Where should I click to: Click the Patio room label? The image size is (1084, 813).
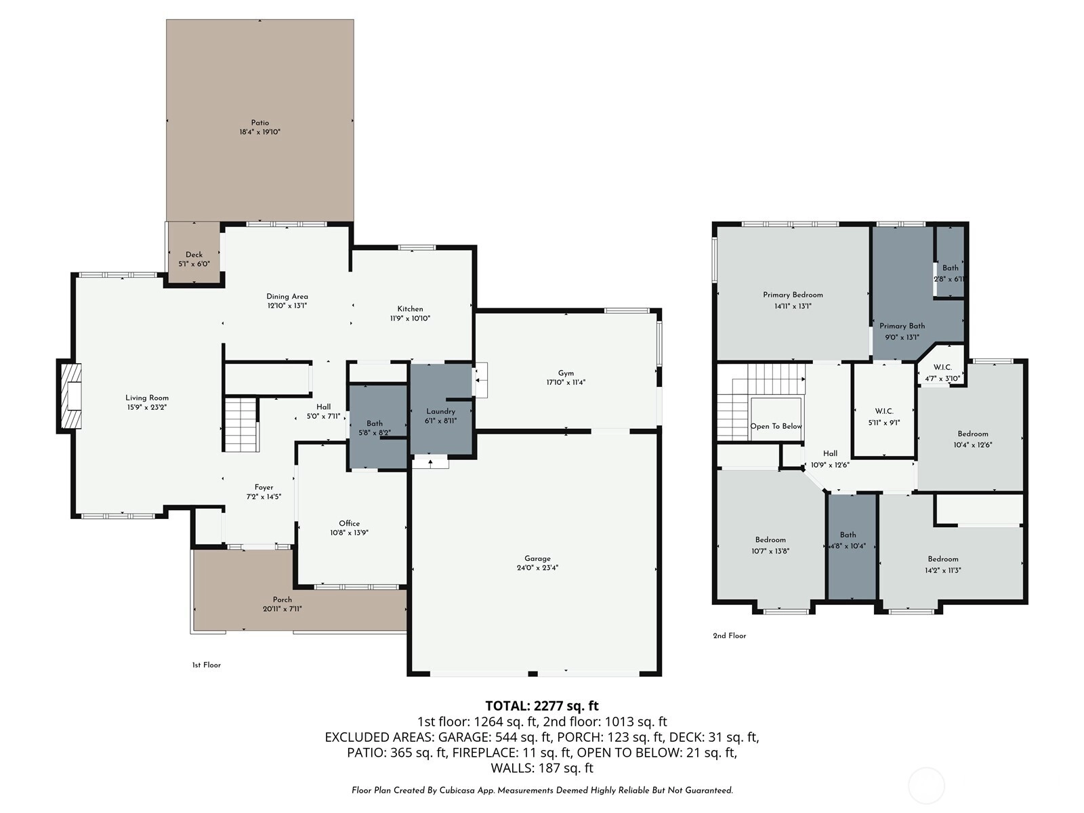(x=259, y=123)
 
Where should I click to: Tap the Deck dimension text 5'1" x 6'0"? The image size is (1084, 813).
(x=194, y=264)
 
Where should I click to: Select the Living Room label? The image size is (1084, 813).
(x=146, y=398)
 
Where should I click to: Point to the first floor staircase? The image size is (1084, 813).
(x=242, y=425)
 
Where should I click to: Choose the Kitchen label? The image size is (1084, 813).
(x=410, y=309)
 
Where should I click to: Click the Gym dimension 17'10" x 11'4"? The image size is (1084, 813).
(x=566, y=382)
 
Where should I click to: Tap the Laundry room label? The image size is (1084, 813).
(x=440, y=412)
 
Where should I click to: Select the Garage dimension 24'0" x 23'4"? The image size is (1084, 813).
(x=537, y=568)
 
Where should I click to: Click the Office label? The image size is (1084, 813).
(x=349, y=524)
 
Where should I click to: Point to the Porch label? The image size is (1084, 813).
(x=282, y=600)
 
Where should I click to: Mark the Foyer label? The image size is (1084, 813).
(x=264, y=488)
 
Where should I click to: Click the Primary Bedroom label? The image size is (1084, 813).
(x=793, y=295)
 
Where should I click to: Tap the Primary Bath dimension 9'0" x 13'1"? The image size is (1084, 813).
(x=902, y=337)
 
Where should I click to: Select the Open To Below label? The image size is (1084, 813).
(x=776, y=427)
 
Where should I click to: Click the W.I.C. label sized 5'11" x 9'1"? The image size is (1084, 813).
(x=884, y=411)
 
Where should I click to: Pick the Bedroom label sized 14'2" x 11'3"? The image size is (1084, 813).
(x=943, y=560)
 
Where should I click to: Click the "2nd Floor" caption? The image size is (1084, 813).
(x=730, y=635)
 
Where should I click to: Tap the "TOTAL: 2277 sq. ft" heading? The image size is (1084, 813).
(x=542, y=706)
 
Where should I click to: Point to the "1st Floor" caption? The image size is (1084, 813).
(x=207, y=665)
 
